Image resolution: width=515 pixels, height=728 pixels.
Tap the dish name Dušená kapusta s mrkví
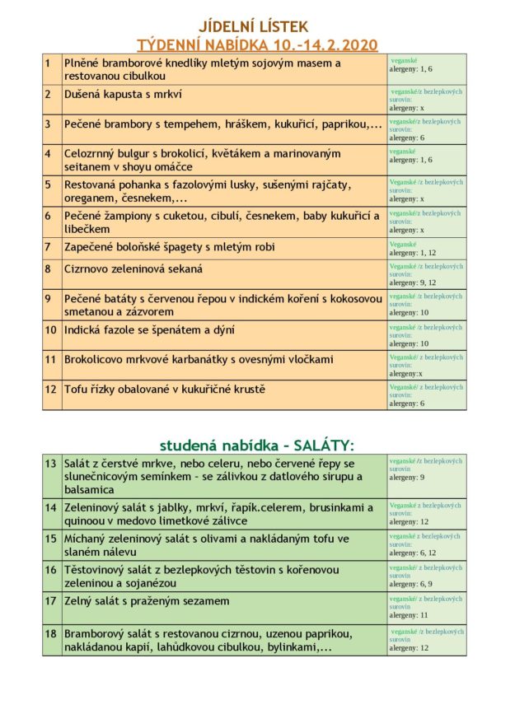[124, 94]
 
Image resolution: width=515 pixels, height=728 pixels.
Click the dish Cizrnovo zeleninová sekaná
[133, 268]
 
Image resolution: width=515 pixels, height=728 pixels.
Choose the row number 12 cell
[50, 389]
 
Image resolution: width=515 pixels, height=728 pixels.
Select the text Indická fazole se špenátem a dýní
[149, 330]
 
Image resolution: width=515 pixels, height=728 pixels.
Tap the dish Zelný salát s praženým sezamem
[147, 600]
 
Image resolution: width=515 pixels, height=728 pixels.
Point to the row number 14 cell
[51, 507]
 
